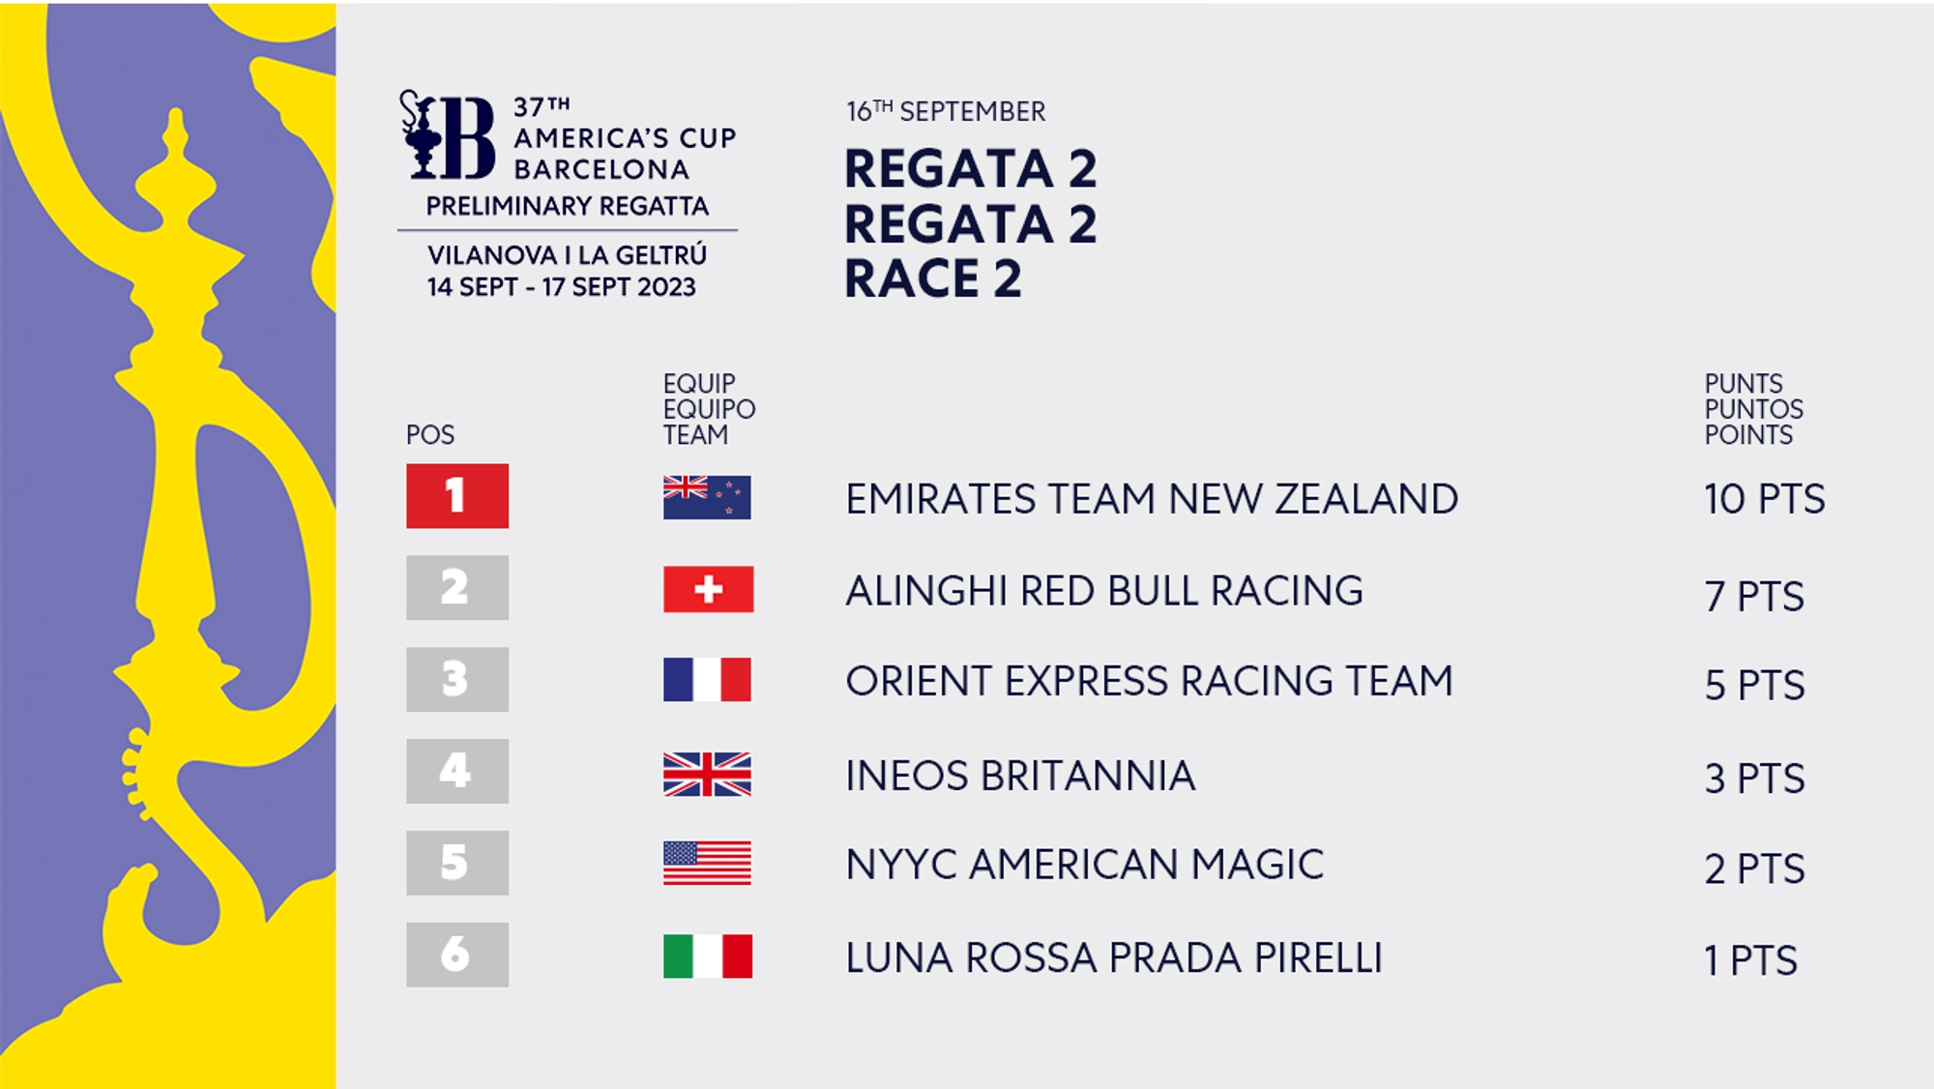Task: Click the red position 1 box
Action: pos(457,496)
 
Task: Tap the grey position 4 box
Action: pos(457,771)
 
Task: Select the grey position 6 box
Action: pos(457,955)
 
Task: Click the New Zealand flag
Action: pos(707,498)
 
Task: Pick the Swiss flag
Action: pos(708,589)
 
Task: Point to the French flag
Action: pos(707,680)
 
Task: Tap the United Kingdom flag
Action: pos(707,775)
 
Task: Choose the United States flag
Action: pos(707,864)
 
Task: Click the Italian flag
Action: pos(708,957)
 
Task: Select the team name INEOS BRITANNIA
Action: pos(1020,776)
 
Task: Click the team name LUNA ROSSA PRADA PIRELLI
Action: pos(1114,957)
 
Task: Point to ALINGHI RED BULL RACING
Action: pos(1104,591)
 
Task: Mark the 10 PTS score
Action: pos(1765,499)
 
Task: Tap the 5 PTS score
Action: pos(1755,686)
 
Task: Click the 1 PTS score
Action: pos(1751,961)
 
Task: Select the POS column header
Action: pos(430,435)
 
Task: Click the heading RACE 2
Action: pos(933,280)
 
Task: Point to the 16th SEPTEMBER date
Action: pos(946,111)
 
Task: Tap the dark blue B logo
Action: pos(448,135)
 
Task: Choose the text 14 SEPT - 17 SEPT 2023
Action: pos(562,287)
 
